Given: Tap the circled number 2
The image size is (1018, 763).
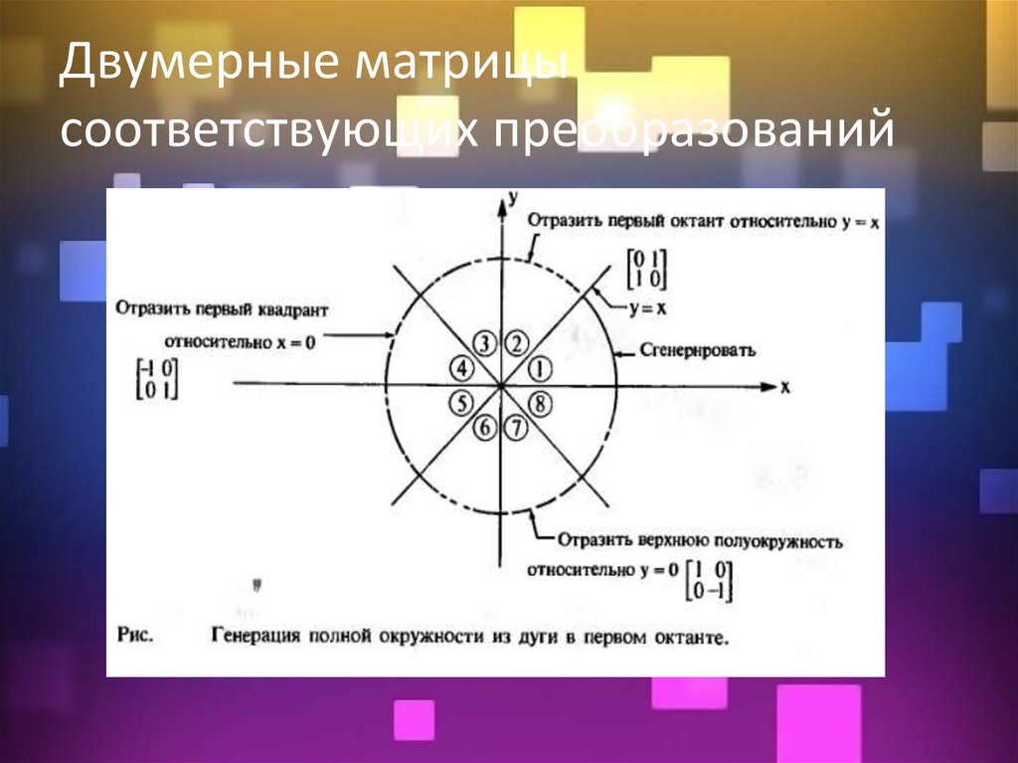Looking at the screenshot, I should point(517,344).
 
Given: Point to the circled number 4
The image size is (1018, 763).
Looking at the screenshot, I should point(462,369).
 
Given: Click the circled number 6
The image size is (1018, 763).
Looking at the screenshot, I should point(484,429).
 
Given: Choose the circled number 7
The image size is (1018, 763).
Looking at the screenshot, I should point(515,429).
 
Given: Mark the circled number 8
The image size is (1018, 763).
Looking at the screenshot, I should point(539,403).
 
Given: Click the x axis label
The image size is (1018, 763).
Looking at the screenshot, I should point(784,388).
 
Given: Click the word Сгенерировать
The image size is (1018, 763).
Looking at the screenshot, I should point(699,350).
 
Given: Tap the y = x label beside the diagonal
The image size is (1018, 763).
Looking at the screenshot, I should point(647,309).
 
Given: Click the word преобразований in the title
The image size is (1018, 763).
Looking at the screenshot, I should point(685,133).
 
